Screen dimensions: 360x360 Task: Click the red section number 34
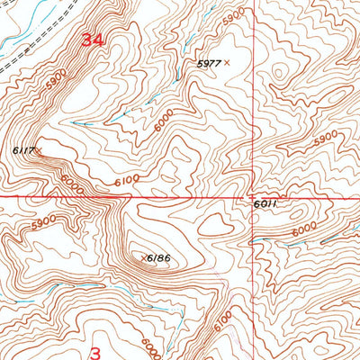(92, 40)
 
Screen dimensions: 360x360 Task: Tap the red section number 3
(94, 344)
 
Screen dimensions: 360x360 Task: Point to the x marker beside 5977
(226, 62)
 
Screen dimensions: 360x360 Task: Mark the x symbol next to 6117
(40, 150)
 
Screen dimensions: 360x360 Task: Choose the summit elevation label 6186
(159, 258)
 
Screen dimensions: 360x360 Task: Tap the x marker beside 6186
(143, 258)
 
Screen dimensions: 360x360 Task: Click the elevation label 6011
(264, 204)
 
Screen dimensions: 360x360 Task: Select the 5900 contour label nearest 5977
(233, 17)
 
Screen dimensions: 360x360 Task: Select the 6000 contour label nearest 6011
(304, 229)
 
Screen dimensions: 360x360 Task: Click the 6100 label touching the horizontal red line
(127, 182)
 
